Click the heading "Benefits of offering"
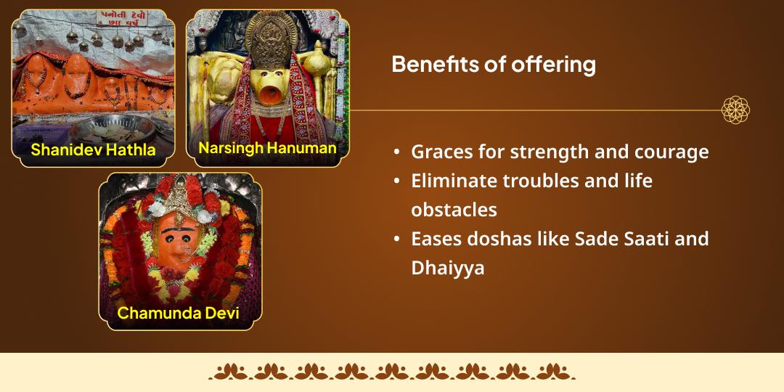(494, 65)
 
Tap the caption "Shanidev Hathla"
(93, 150)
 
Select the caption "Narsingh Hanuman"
(267, 148)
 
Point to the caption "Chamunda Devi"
(179, 314)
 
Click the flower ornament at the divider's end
(735, 110)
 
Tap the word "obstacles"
(454, 210)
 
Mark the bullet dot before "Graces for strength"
(396, 153)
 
